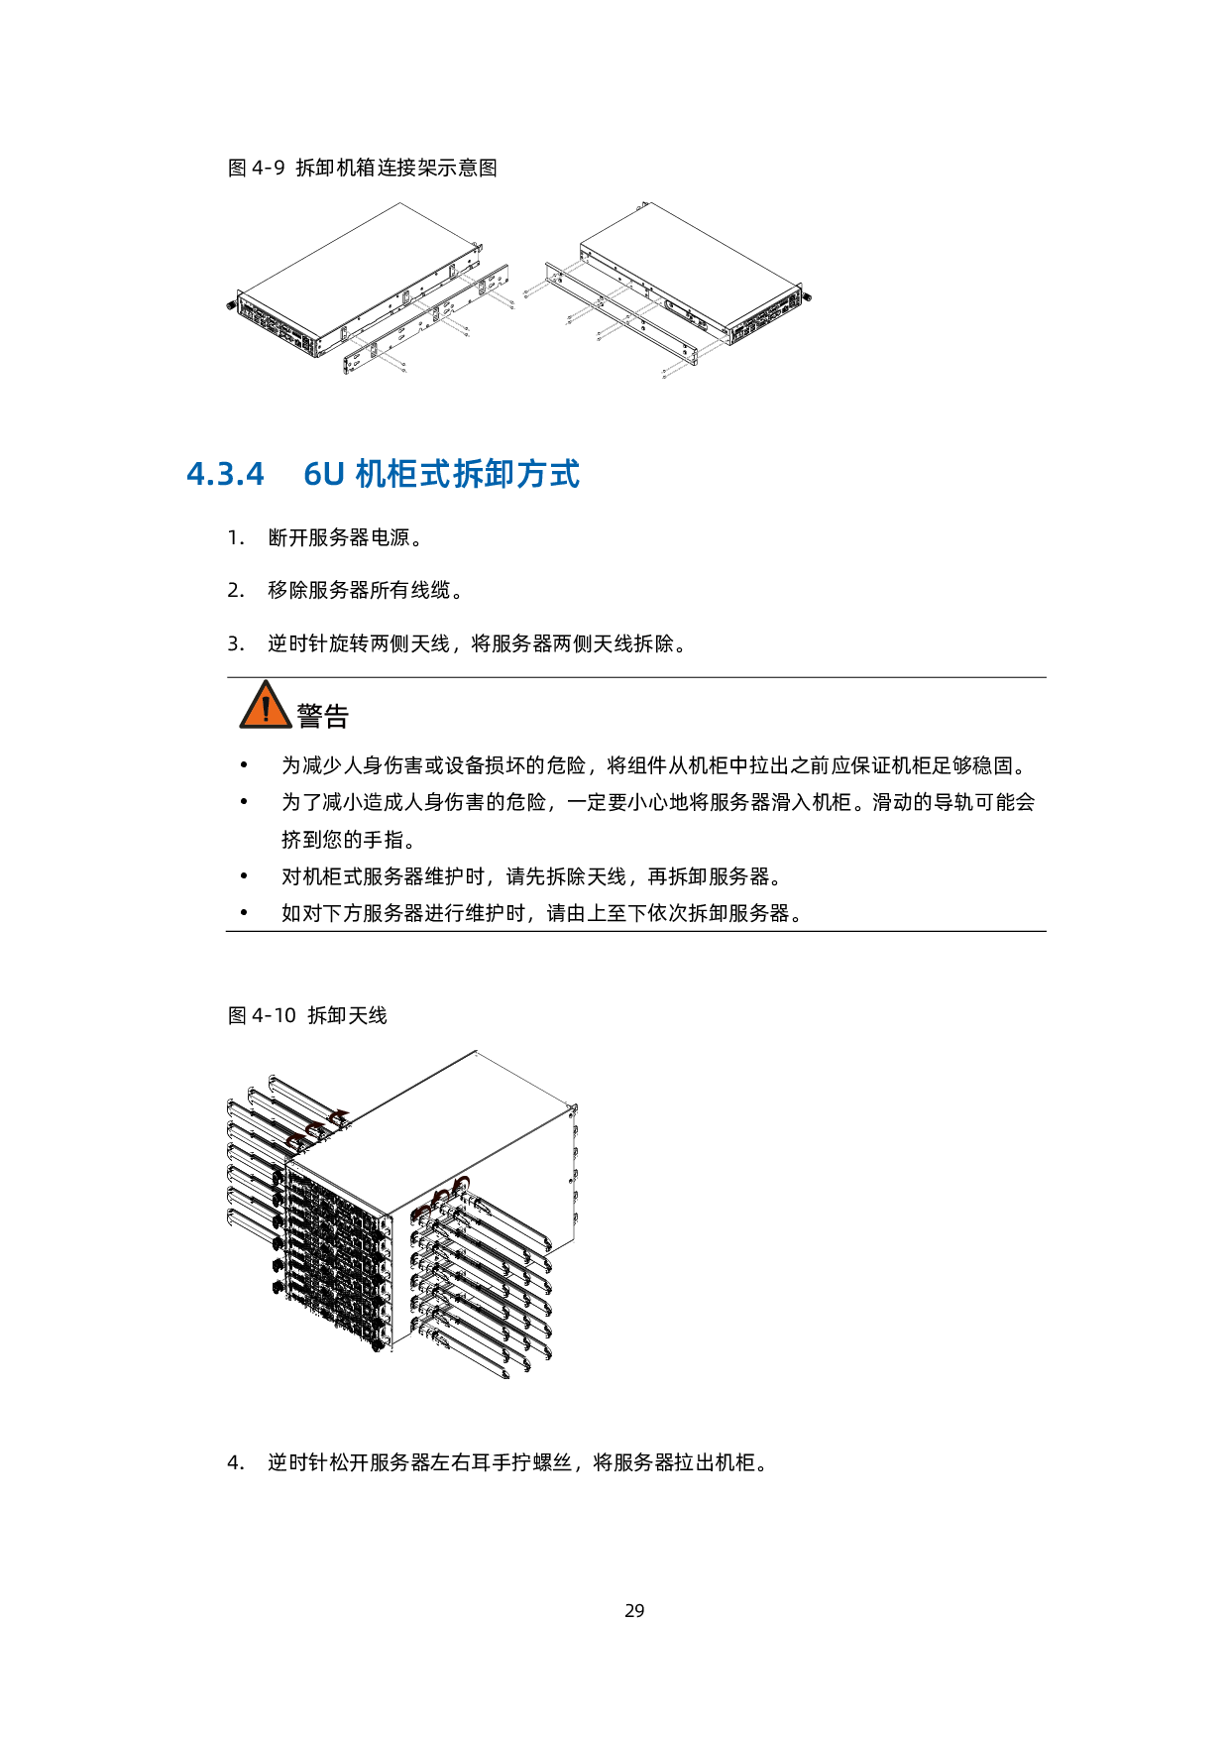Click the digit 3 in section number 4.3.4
pyautogui.click(x=225, y=475)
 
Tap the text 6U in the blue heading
pyautogui.click(x=323, y=475)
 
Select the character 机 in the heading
pyautogui.click(x=371, y=474)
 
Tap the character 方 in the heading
pyautogui.click(x=532, y=474)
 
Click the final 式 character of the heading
pyautogui.click(x=565, y=474)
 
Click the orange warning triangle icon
pyautogui.click(x=266, y=705)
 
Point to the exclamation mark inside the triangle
pyautogui.click(x=266, y=709)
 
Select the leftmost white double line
pyautogui.click(x=376, y=351)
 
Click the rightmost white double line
pyautogui.click(x=694, y=357)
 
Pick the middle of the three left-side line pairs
pyautogui.click(x=437, y=315)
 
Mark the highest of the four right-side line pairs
pyautogui.click(x=555, y=277)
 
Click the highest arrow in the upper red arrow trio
pyautogui.click(x=340, y=1116)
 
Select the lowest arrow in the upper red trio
pyautogui.click(x=294, y=1140)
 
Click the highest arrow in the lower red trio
pyautogui.click(x=462, y=1184)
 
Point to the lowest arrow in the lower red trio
pyautogui.click(x=422, y=1211)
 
